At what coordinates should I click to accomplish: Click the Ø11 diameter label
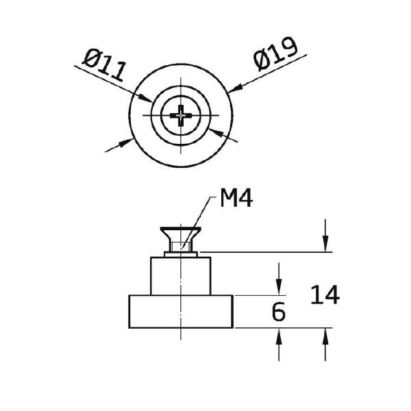pos(104,64)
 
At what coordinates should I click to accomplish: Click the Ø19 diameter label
pos(276,54)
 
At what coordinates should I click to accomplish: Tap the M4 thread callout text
pos(236,199)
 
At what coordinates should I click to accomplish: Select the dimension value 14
pos(325,295)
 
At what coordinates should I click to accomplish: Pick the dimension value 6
pos(278,312)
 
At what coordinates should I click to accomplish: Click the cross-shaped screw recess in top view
pos(181,115)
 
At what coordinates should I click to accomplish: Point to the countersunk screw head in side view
pos(181,234)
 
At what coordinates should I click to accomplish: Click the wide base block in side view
pos(181,312)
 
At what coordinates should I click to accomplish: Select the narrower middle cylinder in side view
pos(181,276)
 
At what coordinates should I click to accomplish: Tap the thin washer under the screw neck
pos(181,254)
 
